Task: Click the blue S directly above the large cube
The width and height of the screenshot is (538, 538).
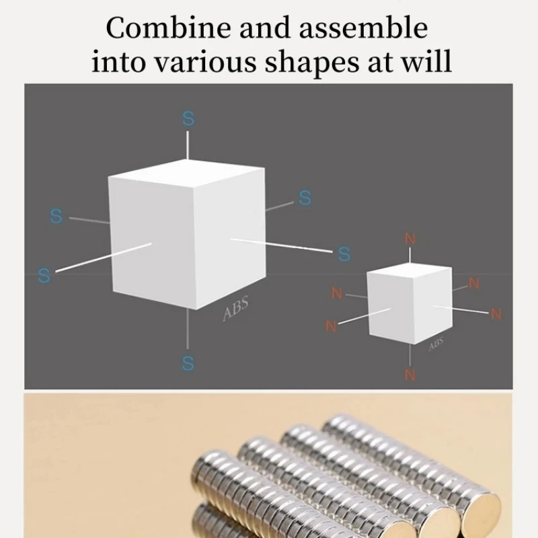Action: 188,119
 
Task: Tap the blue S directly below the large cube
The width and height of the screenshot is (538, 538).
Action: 188,363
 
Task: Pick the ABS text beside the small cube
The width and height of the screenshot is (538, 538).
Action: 436,344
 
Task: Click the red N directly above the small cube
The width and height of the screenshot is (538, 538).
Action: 410,239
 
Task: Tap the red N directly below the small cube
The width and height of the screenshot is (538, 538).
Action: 410,374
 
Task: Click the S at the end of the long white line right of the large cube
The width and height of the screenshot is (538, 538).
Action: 344,254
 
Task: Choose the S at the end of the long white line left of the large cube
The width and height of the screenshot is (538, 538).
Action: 44,276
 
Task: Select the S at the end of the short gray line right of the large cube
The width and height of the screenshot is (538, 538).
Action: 305,198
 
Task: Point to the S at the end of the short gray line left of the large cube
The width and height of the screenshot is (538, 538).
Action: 56,217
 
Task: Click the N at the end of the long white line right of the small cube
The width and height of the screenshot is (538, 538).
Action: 496,313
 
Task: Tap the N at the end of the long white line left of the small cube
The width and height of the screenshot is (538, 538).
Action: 331,326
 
